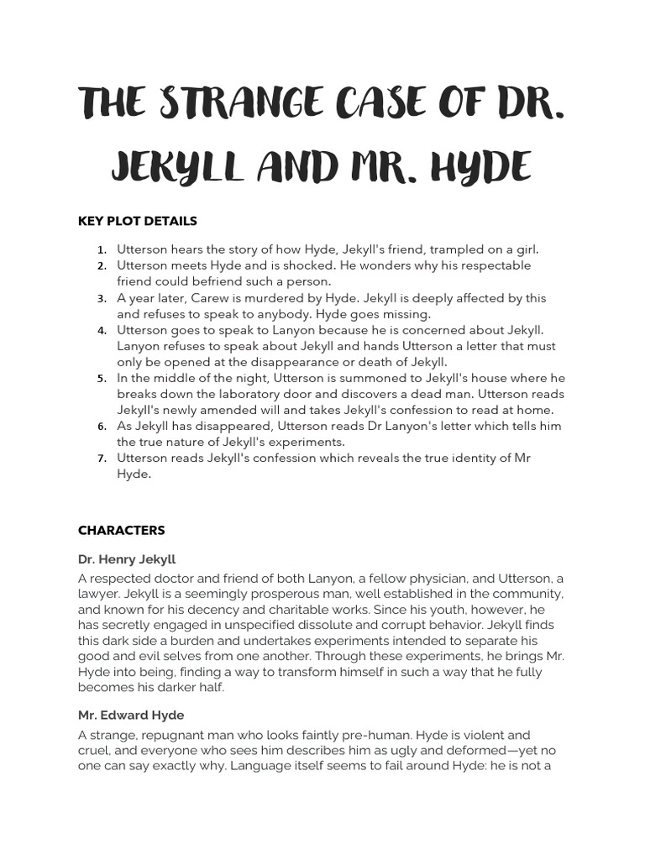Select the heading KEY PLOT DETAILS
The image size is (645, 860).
point(138,222)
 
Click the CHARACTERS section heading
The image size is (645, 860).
point(122,531)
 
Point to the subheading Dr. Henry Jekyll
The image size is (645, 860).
point(127,559)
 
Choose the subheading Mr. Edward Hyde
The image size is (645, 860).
point(131,716)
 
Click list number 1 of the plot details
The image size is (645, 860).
point(101,250)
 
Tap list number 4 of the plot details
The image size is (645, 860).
point(101,331)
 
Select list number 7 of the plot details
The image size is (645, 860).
point(101,459)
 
